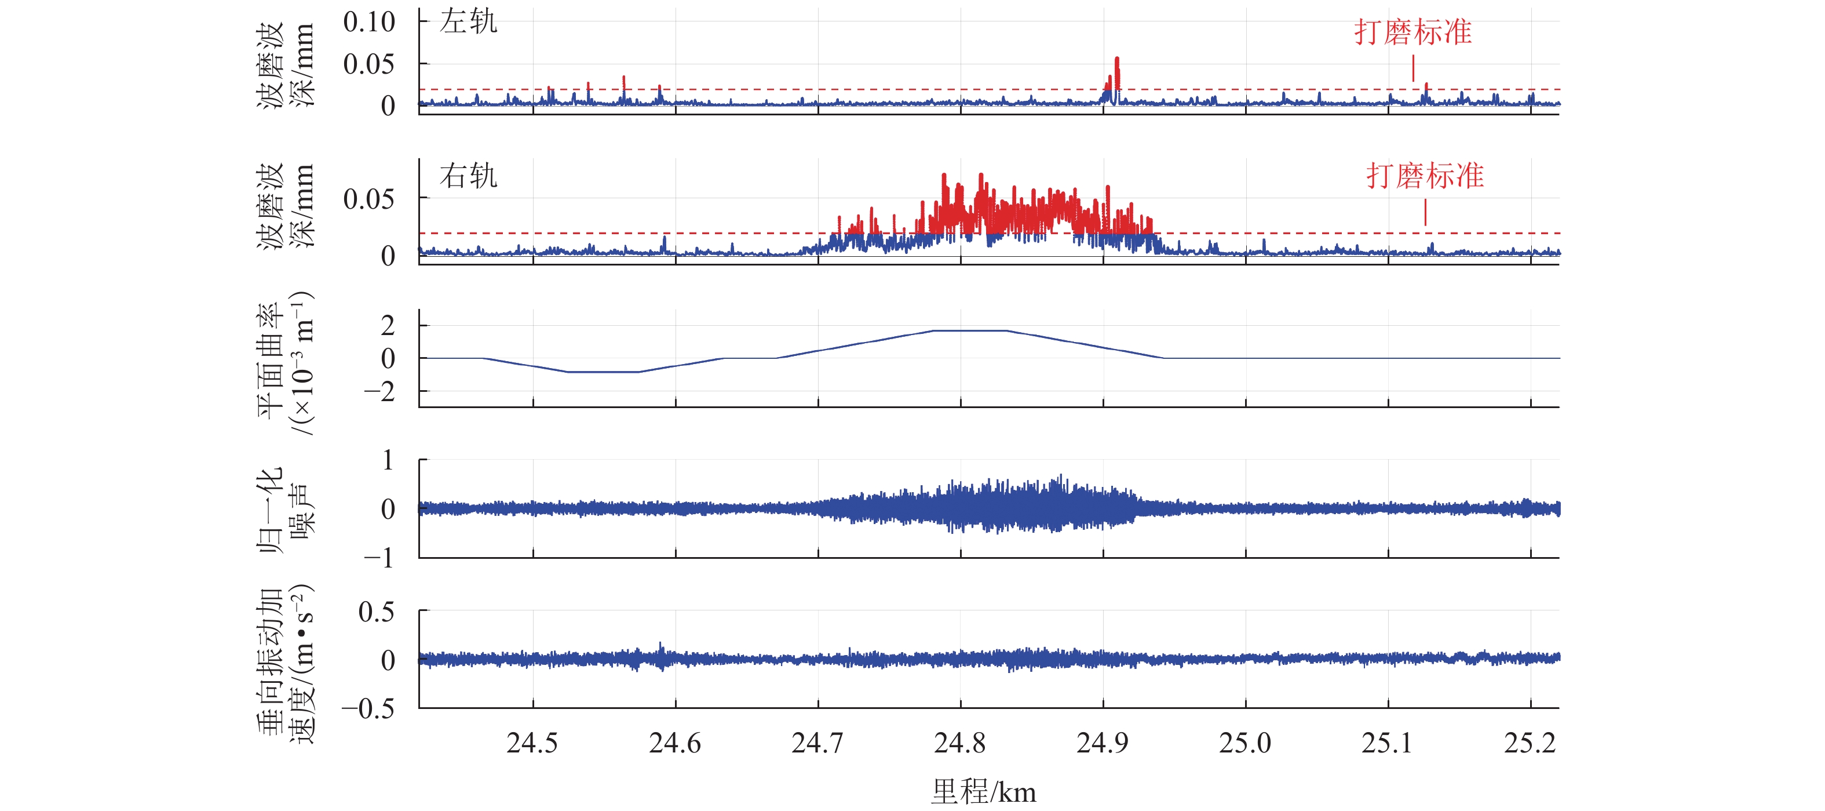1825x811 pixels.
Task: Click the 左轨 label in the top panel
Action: (x=468, y=22)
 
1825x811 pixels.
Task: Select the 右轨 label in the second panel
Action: (x=468, y=176)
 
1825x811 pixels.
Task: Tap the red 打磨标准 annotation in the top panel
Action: (x=1412, y=32)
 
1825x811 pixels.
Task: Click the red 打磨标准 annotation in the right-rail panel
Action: (x=1425, y=176)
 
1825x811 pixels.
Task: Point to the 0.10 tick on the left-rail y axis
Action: (x=369, y=22)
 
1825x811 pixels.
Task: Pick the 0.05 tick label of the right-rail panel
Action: (x=369, y=199)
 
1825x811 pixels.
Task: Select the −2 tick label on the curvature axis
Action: (x=379, y=391)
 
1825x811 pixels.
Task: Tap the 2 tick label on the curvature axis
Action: (x=388, y=326)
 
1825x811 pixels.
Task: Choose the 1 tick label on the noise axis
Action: (x=388, y=461)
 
